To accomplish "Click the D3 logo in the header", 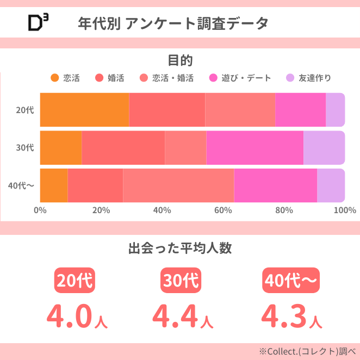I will pyautogui.click(x=38, y=22).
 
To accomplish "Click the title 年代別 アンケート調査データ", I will pyautogui.click(x=173, y=23).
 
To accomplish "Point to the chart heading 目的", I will pyautogui.click(x=180, y=60).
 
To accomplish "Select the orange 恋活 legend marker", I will pyautogui.click(x=54, y=78).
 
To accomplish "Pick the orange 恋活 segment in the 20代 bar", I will pyautogui.click(x=84, y=110).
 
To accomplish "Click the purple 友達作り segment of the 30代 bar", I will pyautogui.click(x=324, y=147).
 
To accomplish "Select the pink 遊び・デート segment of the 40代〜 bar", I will pyautogui.click(x=275, y=185).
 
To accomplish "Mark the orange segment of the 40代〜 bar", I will pyautogui.click(x=54, y=185).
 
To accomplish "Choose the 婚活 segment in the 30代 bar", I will pyautogui.click(x=123, y=147).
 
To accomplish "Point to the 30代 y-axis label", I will pyautogui.click(x=25, y=147).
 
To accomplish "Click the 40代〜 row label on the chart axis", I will pyautogui.click(x=22, y=185).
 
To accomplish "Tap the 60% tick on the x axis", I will pyautogui.click(x=223, y=210).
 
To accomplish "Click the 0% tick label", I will pyautogui.click(x=40, y=210).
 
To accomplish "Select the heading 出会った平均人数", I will pyautogui.click(x=180, y=249).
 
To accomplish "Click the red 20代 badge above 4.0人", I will pyautogui.click(x=75, y=281).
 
